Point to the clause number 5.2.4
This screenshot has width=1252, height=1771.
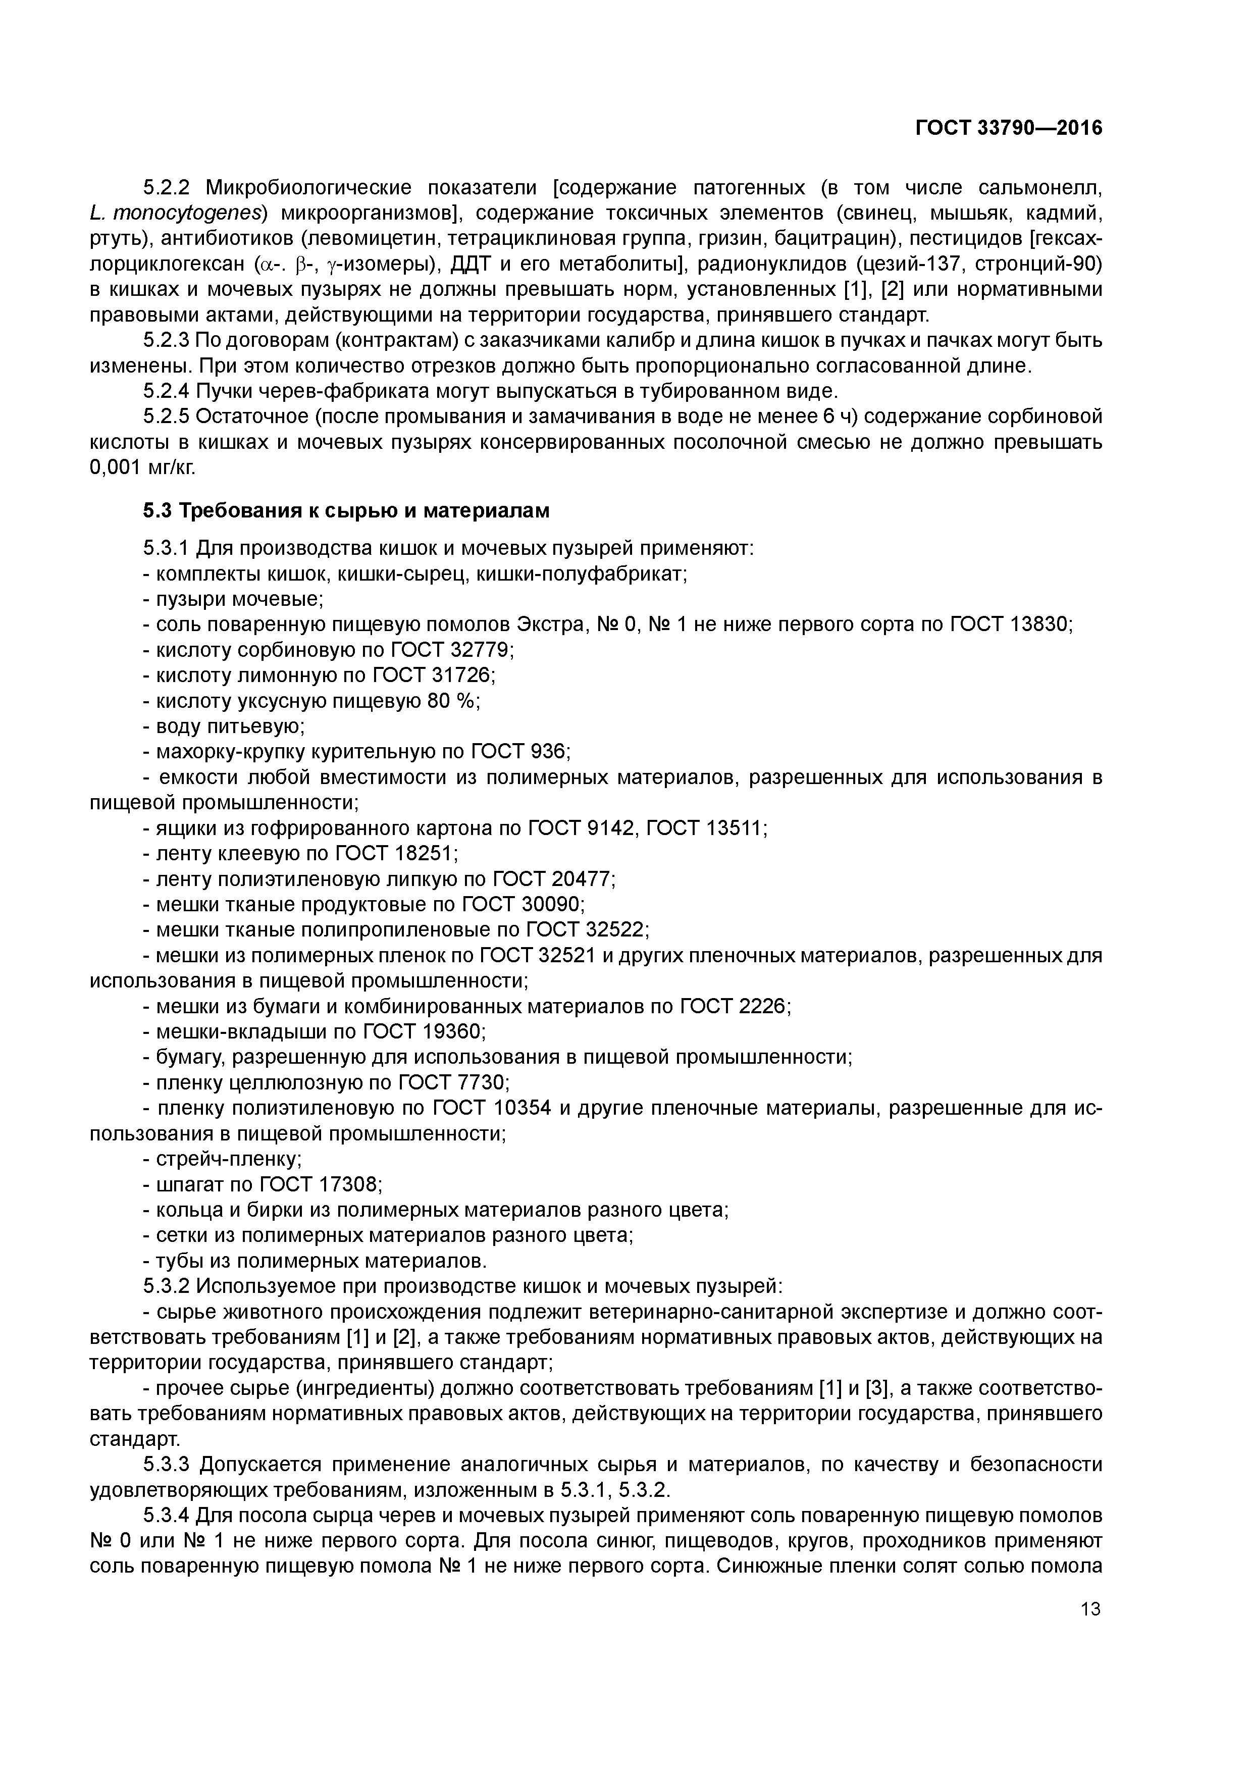[x=166, y=391]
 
